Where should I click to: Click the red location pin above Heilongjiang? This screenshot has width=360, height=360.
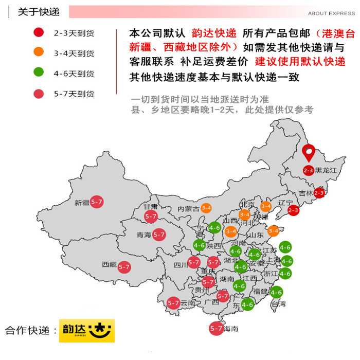coord(309,152)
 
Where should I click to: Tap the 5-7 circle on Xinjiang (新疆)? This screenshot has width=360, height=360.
coord(97,202)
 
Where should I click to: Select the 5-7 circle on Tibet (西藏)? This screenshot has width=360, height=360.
coord(124,267)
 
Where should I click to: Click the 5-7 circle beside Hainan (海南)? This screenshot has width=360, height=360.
coord(216,328)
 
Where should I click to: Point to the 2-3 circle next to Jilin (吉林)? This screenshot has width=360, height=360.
coord(319,193)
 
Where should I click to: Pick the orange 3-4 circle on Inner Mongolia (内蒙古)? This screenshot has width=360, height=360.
coord(206,208)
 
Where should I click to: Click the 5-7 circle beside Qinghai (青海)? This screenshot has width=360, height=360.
coord(159,235)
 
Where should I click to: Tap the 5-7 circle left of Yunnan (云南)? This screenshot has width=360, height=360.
coord(173,303)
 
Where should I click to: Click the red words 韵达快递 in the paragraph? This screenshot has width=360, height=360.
coord(213,33)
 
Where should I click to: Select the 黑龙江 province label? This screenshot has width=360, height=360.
coord(325,170)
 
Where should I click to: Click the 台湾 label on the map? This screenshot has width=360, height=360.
coord(278,304)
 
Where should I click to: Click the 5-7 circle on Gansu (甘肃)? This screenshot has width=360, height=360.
coord(151,217)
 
